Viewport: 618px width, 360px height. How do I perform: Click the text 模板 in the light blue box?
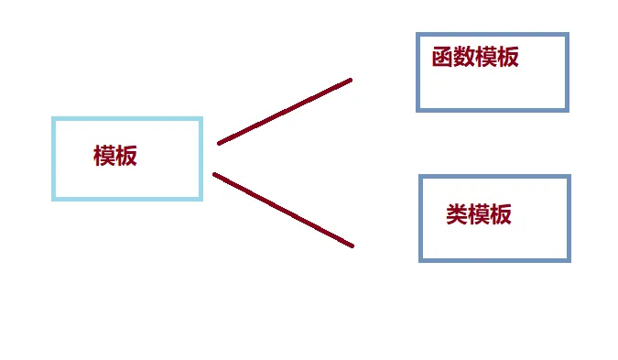115,156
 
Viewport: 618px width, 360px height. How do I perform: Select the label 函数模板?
475,58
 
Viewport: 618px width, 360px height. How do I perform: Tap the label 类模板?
479,215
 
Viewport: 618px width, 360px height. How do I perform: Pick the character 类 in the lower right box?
457,215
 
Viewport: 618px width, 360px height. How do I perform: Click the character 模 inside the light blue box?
104,156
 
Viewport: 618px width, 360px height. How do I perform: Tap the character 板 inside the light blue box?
126,156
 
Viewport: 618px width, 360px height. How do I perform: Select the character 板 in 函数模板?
508,58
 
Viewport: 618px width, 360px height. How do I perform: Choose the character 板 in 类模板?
501,215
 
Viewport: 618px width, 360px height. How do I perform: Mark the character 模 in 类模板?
479,215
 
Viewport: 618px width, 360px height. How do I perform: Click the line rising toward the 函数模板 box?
285,112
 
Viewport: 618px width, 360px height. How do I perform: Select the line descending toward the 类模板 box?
283,210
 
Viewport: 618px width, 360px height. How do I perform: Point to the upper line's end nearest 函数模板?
351,81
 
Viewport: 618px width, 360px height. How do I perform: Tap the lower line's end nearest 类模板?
352,245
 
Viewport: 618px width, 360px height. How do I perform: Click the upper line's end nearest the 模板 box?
219,143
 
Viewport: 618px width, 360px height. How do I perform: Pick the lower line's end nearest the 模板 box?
214,174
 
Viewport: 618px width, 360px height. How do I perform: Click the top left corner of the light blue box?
54,119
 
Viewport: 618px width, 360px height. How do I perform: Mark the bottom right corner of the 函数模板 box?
568,110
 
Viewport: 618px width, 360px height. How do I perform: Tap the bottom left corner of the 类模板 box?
421,260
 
